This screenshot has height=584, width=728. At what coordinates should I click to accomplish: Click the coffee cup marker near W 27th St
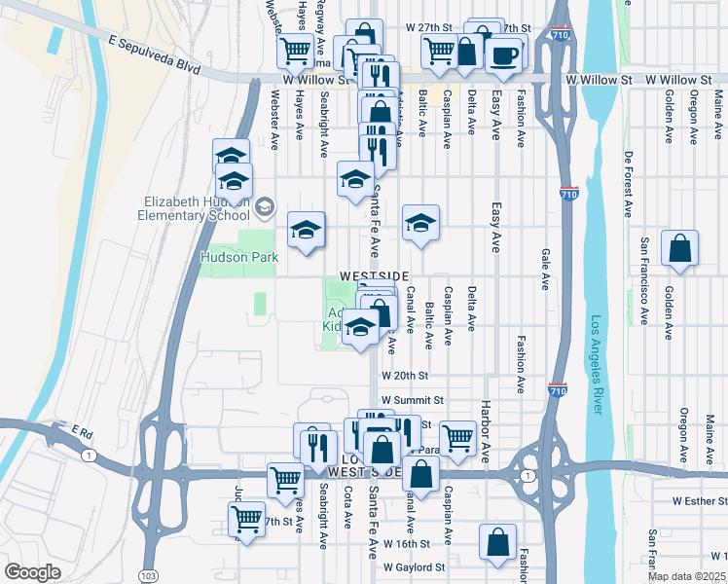[503, 55]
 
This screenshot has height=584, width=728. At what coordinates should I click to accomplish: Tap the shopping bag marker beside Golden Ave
[679, 249]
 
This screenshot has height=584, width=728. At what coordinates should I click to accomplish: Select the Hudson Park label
[239, 258]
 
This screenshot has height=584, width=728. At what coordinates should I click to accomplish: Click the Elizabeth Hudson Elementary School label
[194, 208]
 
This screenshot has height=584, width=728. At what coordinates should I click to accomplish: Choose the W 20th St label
[405, 375]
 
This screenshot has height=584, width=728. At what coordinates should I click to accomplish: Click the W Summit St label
[412, 400]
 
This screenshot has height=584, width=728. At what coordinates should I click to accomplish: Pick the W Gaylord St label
[414, 566]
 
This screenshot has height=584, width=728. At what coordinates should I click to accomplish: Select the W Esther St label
[693, 502]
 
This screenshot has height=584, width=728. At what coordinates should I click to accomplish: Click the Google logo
[32, 572]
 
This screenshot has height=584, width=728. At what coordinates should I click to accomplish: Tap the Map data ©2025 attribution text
[685, 576]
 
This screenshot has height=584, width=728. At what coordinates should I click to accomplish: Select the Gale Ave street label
[545, 269]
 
